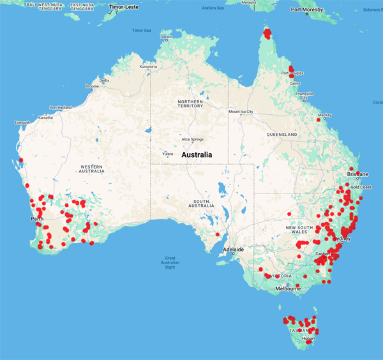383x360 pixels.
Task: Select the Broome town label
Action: (x=92, y=86)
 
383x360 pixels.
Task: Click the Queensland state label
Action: (x=282, y=135)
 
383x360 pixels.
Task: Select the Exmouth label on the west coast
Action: (x=22, y=123)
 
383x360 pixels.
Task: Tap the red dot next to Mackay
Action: (x=319, y=119)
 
